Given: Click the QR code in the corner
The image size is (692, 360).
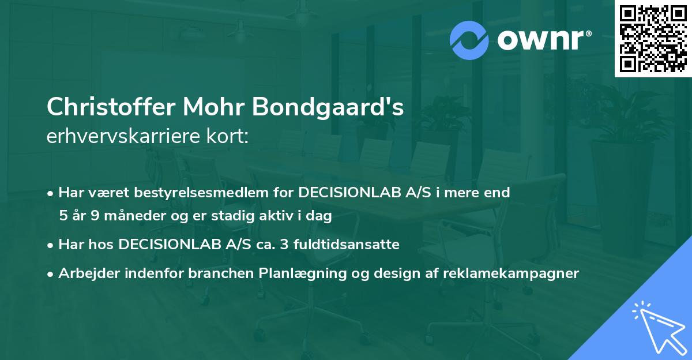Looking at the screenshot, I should point(653,39).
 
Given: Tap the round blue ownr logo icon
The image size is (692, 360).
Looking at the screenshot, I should point(469,40).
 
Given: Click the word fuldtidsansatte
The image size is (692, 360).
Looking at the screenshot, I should point(351,245).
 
